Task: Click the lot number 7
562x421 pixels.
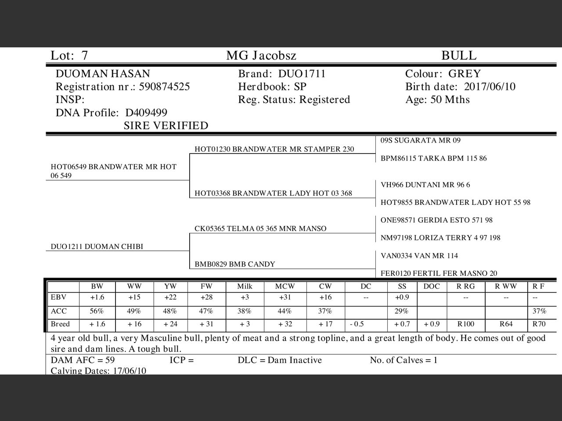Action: [84, 56]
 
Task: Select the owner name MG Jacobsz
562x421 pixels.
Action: [261, 56]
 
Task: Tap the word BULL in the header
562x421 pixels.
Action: [458, 56]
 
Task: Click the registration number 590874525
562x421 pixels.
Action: [164, 86]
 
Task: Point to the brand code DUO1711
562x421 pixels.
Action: [302, 74]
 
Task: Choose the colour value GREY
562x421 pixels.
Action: [464, 74]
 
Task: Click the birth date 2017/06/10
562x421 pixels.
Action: [490, 86]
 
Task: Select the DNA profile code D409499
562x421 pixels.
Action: [146, 113]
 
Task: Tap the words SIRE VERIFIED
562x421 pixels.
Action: [166, 126]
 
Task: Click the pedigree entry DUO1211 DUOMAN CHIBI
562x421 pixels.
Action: [97, 246]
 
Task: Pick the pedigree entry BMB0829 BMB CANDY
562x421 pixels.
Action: [235, 264]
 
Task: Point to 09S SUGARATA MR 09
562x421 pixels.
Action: [420, 140]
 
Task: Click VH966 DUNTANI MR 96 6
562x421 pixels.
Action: [425, 185]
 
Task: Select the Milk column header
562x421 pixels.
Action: [245, 286]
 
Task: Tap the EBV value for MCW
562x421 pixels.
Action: [284, 297]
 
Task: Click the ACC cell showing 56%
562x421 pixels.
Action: [97, 311]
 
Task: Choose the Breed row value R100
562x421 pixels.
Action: [465, 324]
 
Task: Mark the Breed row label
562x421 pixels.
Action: [60, 324]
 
